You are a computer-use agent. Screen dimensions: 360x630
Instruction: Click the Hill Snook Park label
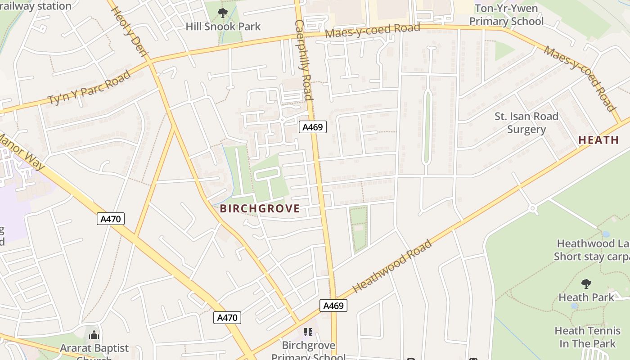pyautogui.click(x=223, y=27)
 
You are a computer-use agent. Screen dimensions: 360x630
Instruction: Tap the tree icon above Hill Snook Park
pyautogui.click(x=222, y=13)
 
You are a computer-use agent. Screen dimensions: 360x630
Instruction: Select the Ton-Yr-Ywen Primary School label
pyautogui.click(x=506, y=15)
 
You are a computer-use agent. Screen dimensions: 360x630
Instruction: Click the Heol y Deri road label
pyautogui.click(x=129, y=32)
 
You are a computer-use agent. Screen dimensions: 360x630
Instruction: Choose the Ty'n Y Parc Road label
pyautogui.click(x=89, y=87)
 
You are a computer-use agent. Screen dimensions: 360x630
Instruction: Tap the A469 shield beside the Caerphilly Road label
pyautogui.click(x=312, y=127)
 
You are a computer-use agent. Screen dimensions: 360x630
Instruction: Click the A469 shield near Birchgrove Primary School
pyautogui.click(x=333, y=306)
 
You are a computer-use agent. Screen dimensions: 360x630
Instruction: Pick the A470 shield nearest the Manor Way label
pyautogui.click(x=110, y=219)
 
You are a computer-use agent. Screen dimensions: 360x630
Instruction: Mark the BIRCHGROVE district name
pyautogui.click(x=260, y=208)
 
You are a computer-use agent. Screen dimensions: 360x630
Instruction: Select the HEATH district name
pyautogui.click(x=598, y=140)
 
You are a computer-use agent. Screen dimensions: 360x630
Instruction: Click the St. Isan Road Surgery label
pyautogui.click(x=526, y=123)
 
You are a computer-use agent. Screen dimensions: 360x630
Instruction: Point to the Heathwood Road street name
pyautogui.click(x=392, y=266)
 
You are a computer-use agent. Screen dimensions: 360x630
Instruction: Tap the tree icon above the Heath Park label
pyautogui.click(x=586, y=283)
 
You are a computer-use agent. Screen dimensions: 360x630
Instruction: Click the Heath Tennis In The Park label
pyautogui.click(x=587, y=337)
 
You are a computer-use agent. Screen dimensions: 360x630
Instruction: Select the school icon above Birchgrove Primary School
pyautogui.click(x=308, y=332)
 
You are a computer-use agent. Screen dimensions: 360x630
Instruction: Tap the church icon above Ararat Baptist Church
pyautogui.click(x=94, y=335)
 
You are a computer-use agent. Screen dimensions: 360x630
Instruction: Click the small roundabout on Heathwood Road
pyautogui.click(x=533, y=208)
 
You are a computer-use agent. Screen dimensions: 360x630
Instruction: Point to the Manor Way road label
pyautogui.click(x=22, y=151)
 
